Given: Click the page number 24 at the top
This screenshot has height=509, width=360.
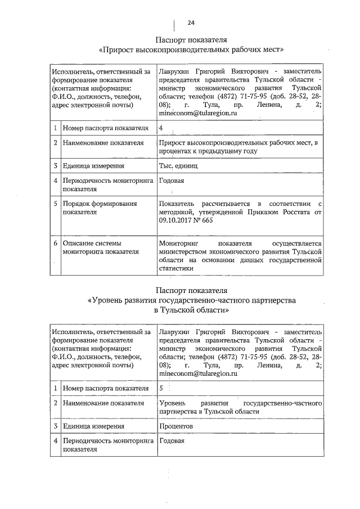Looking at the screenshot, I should pos(191,23).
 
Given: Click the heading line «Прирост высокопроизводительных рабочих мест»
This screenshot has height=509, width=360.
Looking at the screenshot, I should pos(191,49).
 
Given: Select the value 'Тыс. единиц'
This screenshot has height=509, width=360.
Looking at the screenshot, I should pos(178,166).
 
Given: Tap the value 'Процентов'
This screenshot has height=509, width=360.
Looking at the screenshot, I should pos(176,426).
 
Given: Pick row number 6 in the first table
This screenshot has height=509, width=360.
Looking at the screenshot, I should pos(55,242).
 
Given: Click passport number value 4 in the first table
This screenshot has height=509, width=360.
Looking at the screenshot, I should pos(161,128).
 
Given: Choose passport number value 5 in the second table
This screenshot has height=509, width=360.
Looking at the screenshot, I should pos(162,388).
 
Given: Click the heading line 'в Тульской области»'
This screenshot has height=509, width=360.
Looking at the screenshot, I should pos(191,310).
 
